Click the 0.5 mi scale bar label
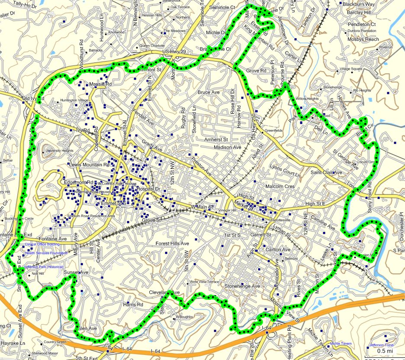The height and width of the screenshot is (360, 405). pos(385,351)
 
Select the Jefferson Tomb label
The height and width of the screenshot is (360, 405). pos(381,345)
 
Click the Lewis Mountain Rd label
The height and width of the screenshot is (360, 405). pos(89,165)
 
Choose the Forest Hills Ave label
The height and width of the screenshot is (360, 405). pos(172,244)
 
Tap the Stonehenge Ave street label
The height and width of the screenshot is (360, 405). pos(242,286)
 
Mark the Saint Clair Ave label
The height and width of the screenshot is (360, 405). pos(326,172)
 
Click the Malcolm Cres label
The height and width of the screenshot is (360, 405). pos(280,187)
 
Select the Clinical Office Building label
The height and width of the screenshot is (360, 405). pos(42,244)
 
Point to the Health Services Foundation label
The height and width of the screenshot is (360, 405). pos(46,253)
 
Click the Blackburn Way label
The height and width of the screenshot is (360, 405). pos(358,4)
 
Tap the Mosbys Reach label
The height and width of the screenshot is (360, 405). pos(363,39)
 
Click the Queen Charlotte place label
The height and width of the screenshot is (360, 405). pos(152,46)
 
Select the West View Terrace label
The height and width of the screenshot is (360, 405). pos(205,282)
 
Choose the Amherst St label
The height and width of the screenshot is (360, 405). pos(216,139)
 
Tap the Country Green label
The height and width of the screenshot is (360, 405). pos(55,342)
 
